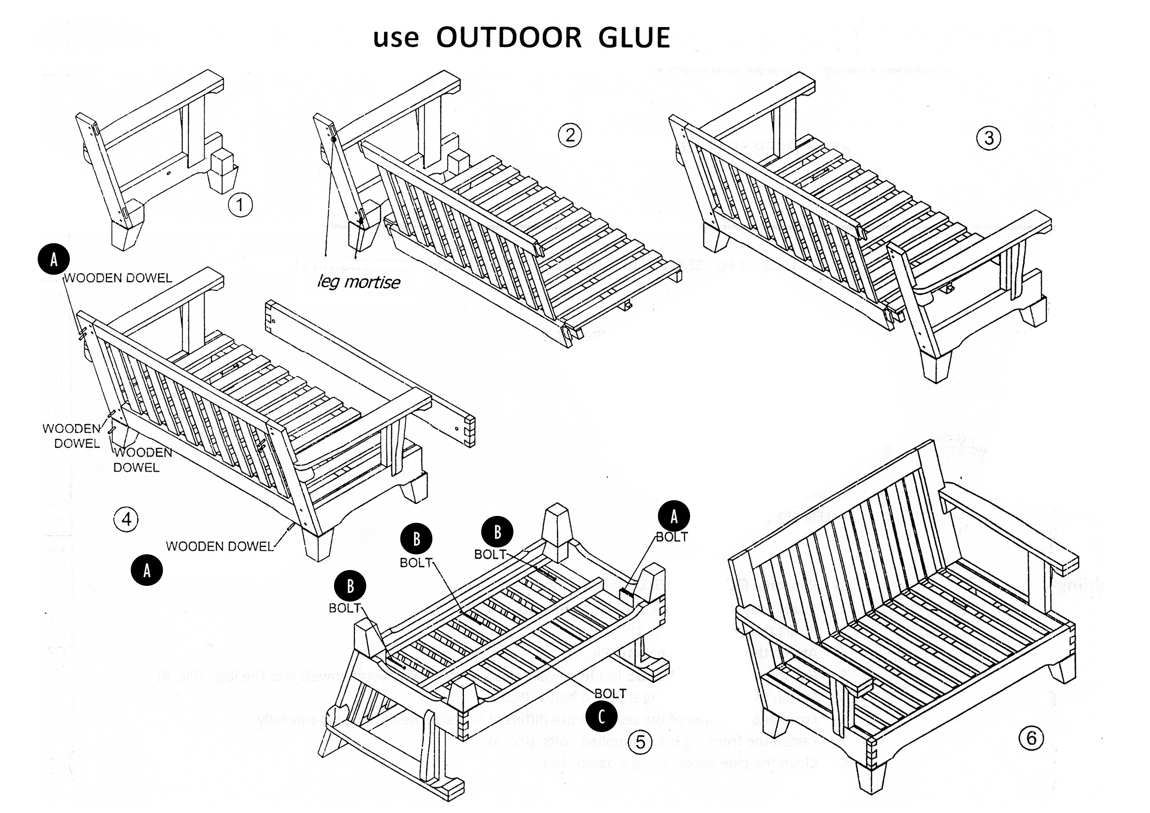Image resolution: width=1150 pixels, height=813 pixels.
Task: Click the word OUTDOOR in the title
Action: [x=509, y=38]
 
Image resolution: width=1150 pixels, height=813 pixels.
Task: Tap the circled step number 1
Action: [x=240, y=205]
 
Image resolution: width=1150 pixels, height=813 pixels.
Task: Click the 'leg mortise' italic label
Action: [x=359, y=282]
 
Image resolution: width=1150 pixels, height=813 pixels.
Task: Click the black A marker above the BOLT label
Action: [x=674, y=516]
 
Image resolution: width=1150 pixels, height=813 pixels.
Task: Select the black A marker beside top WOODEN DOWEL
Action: [x=53, y=260]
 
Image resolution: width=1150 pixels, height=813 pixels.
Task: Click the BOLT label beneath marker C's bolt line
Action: [x=610, y=693]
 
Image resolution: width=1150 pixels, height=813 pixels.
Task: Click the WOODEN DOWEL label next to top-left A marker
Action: [x=118, y=278]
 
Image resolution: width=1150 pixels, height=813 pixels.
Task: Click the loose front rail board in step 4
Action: [x=371, y=373]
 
